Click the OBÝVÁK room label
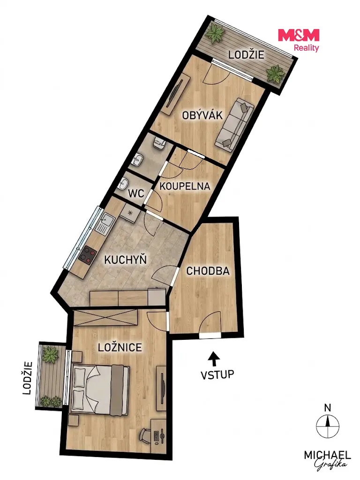(x=202, y=115)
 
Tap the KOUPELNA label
(x=185, y=186)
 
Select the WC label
(x=136, y=194)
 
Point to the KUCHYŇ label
(x=126, y=259)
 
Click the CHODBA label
(x=208, y=270)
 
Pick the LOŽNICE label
(x=120, y=347)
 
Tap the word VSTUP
(x=217, y=375)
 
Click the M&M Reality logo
(x=299, y=39)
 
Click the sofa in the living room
(x=234, y=125)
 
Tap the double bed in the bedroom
(x=100, y=390)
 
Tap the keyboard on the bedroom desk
(x=157, y=436)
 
